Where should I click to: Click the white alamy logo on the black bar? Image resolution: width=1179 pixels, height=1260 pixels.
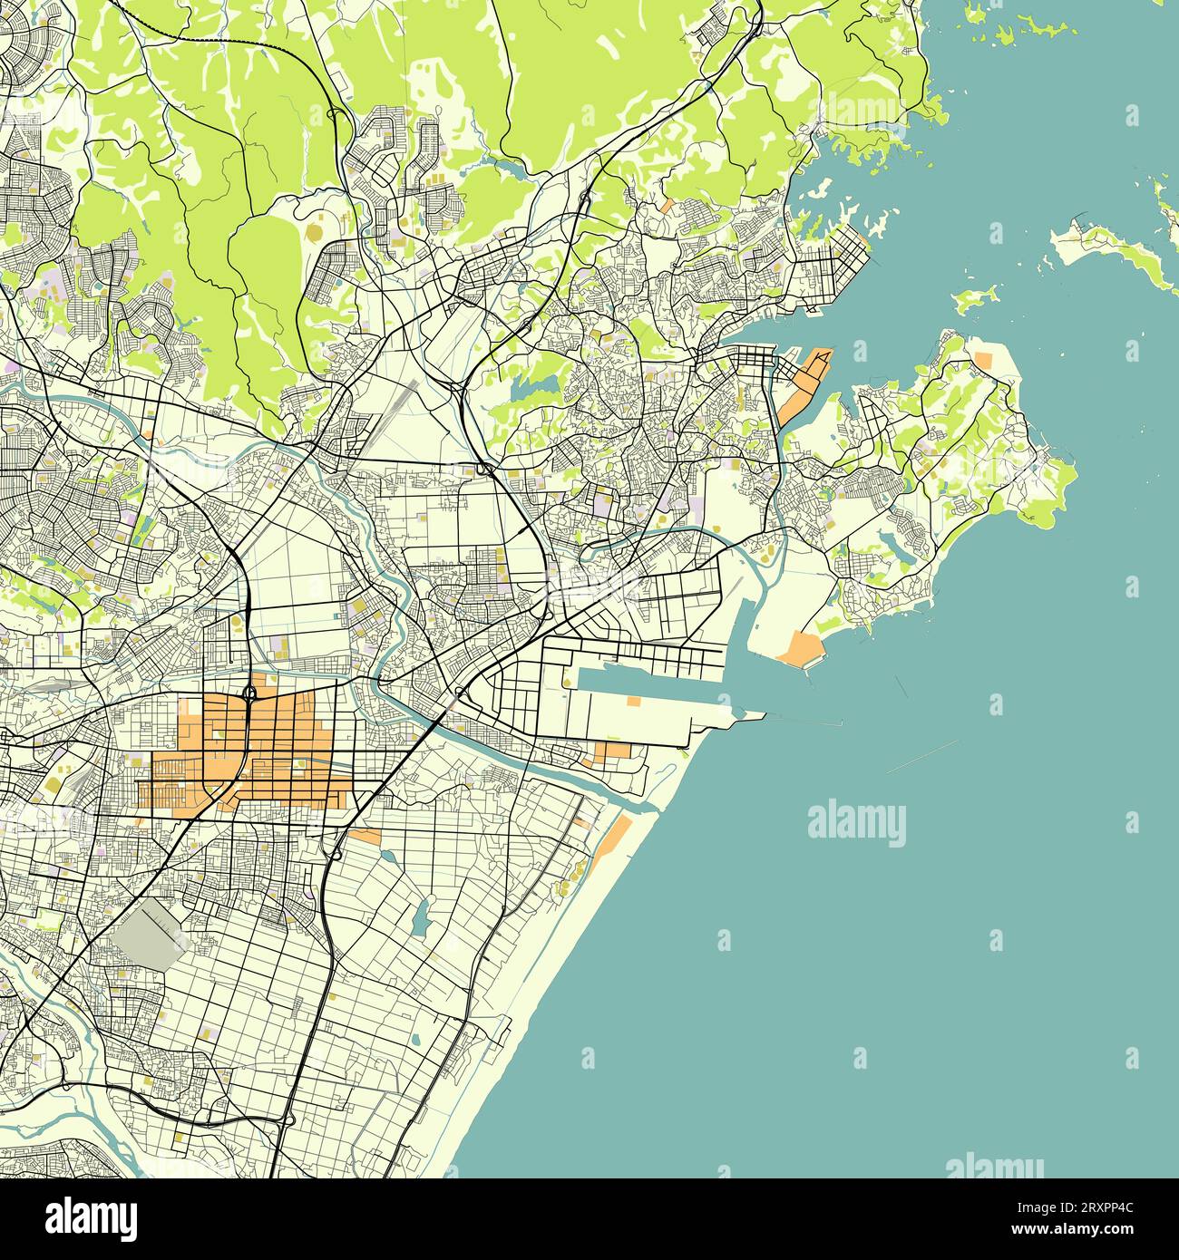click(93, 1217)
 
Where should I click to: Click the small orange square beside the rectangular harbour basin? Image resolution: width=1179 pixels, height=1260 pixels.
click(634, 701)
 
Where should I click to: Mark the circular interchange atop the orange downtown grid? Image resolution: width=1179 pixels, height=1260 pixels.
click(248, 695)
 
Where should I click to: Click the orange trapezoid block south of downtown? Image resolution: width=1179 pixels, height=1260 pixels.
click(365, 836)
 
